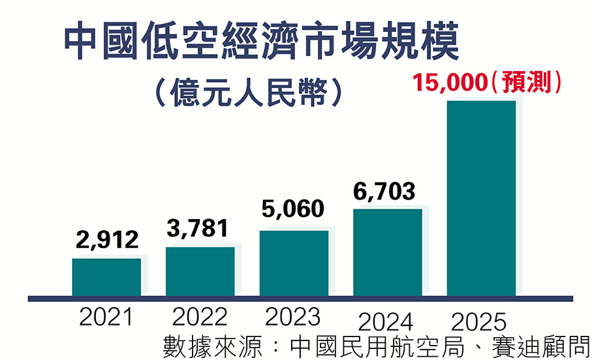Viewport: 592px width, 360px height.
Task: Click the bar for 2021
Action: click(106, 277)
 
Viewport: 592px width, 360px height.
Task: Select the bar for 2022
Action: click(200, 271)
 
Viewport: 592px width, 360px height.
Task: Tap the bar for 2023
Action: click(294, 263)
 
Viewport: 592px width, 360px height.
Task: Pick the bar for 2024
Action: click(388, 252)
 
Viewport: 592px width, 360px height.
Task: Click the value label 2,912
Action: click(106, 240)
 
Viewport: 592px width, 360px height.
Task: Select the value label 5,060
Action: click(293, 209)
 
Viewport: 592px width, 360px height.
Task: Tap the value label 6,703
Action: click(384, 192)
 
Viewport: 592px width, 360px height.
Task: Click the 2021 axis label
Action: click(106, 318)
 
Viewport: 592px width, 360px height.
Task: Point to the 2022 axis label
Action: click(200, 318)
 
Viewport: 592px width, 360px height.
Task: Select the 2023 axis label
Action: click(293, 318)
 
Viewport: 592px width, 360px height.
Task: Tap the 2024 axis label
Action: click(386, 322)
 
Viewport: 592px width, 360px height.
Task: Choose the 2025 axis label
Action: click(480, 322)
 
